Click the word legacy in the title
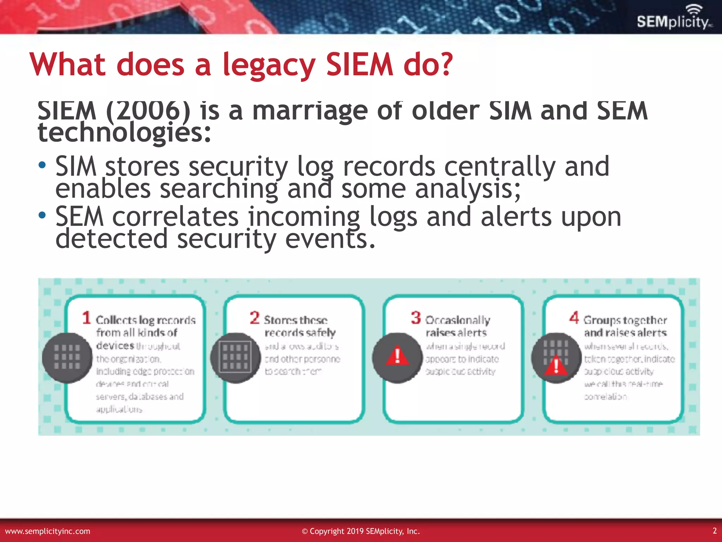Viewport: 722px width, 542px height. click(x=269, y=65)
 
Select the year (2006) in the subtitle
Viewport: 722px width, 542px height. click(x=148, y=111)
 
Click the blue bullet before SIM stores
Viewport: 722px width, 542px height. click(x=42, y=165)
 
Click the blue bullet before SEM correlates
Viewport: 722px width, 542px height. click(x=42, y=215)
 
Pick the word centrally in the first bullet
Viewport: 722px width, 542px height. click(x=500, y=167)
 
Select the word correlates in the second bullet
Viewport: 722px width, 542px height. click(x=175, y=217)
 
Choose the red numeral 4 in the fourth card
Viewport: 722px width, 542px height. click(x=574, y=318)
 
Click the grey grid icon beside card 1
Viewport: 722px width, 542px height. click(x=67, y=357)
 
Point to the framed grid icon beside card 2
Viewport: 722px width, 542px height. click(x=235, y=357)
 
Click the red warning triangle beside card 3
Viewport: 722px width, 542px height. click(x=397, y=356)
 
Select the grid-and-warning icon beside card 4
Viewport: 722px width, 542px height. click(x=556, y=357)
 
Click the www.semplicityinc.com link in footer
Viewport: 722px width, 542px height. click(x=48, y=531)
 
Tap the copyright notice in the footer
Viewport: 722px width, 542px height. click(x=361, y=531)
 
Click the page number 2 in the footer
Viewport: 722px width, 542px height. click(x=715, y=531)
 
